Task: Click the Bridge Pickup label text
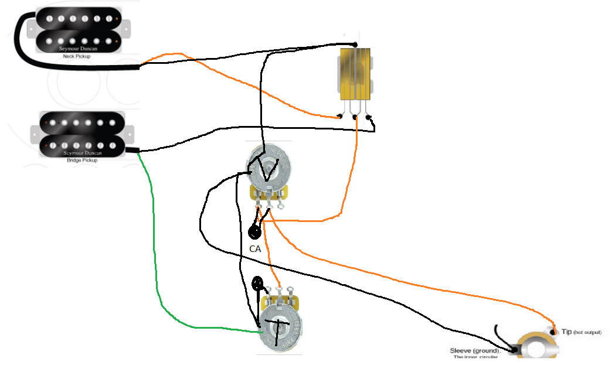tap(81, 159)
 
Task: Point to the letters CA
tap(255, 248)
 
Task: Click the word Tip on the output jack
tap(567, 332)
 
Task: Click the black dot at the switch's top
tap(355, 45)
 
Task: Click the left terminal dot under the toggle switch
tap(341, 117)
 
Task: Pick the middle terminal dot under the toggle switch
tap(355, 117)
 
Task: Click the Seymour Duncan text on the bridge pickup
tap(81, 153)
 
